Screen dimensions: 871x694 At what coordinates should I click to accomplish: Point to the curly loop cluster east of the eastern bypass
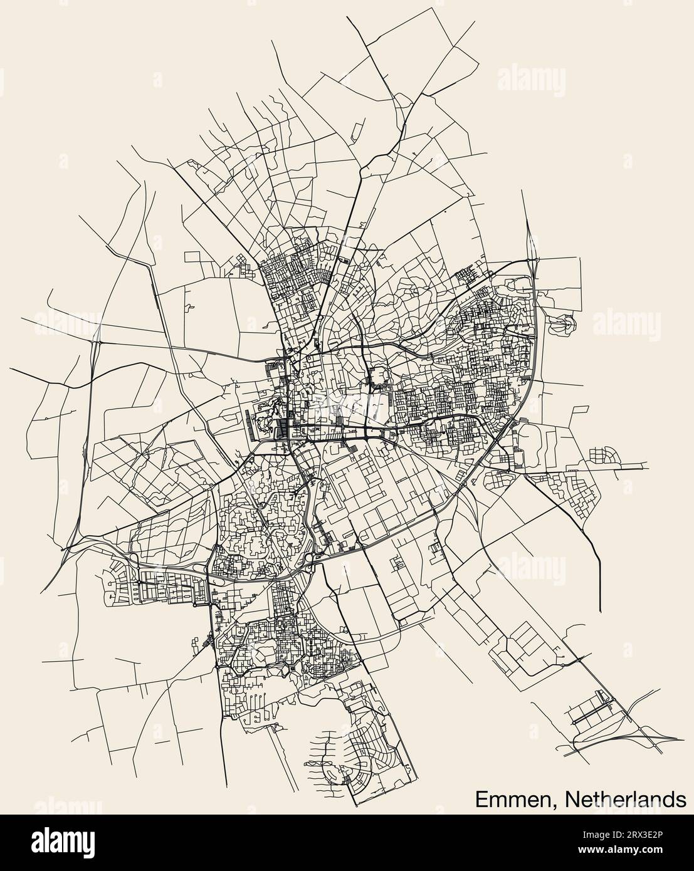(x=561, y=322)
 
